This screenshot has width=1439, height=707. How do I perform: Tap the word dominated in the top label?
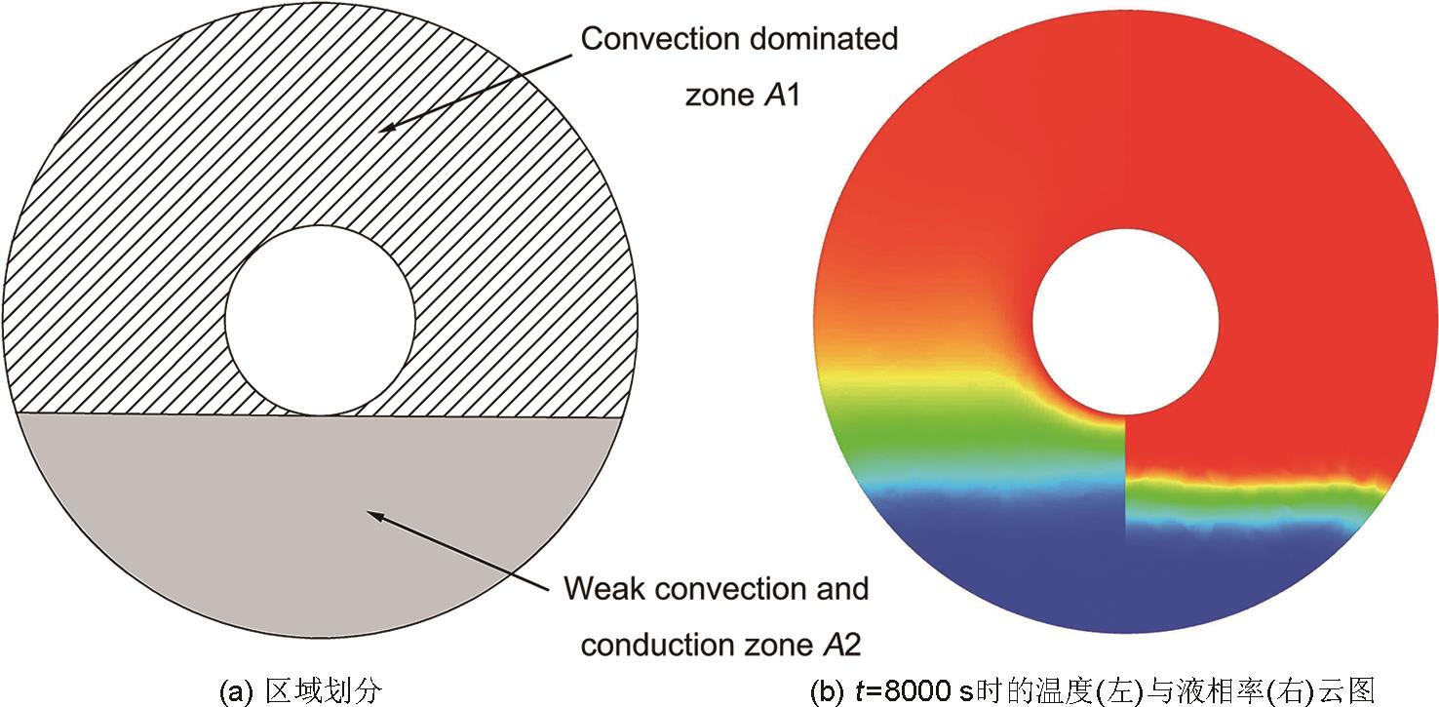point(824,39)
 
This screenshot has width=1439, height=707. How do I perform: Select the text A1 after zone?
point(783,96)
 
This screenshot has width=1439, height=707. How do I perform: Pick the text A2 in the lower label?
point(841,645)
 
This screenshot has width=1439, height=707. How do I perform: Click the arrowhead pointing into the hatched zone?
point(387,127)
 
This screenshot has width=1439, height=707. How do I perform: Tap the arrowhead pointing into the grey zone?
point(375,516)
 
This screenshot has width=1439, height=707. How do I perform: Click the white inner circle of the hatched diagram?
point(320,320)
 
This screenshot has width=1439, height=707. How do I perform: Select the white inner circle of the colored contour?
point(1125,321)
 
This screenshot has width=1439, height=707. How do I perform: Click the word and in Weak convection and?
point(842,588)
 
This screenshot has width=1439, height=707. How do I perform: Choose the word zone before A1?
point(720,96)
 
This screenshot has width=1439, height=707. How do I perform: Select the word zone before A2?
point(779,646)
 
